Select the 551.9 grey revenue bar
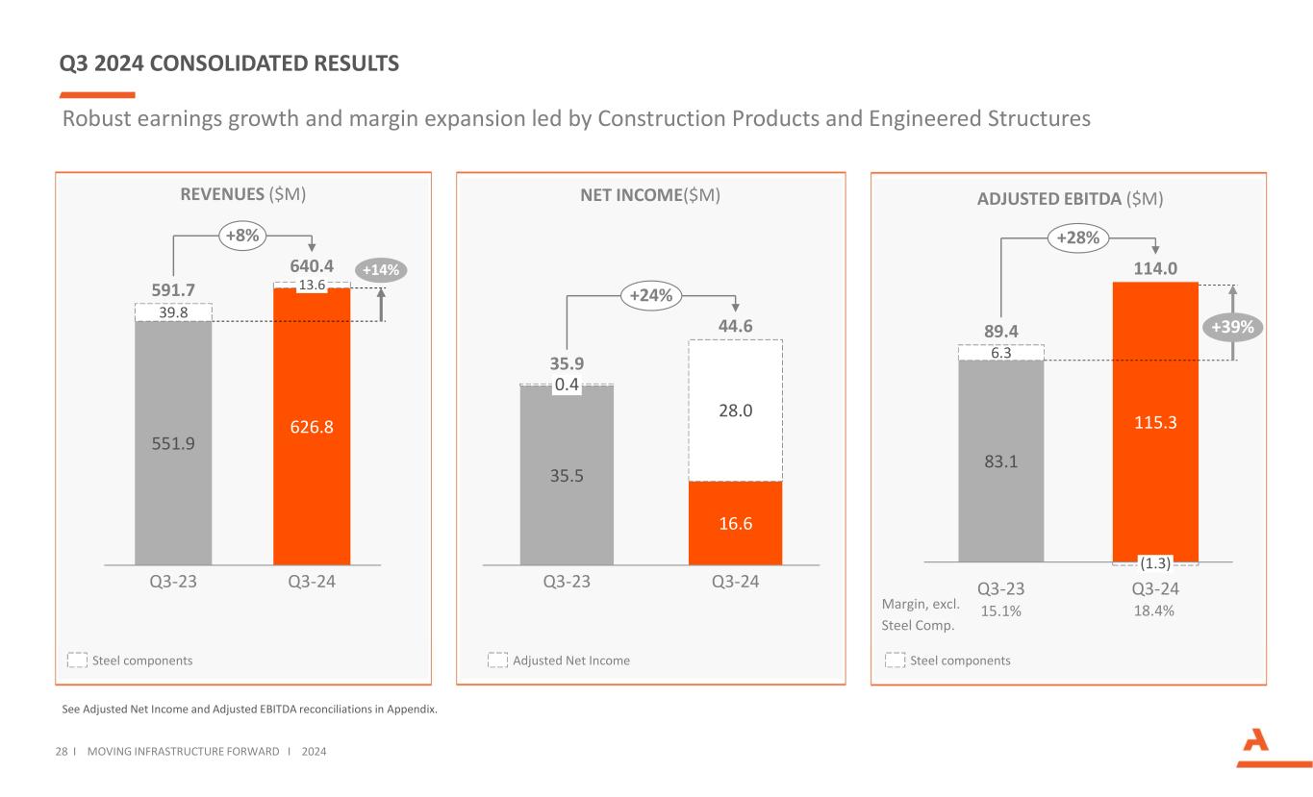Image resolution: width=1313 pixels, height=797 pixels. click(173, 442)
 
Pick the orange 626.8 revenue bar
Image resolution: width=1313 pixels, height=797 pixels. click(312, 426)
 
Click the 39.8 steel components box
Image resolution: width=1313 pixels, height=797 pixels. click(173, 312)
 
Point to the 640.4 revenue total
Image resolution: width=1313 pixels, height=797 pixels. click(312, 264)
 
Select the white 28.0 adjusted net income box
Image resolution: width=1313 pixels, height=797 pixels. click(736, 410)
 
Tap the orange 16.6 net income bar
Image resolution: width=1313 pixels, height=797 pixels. click(736, 522)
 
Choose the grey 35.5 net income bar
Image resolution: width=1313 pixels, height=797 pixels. click(567, 475)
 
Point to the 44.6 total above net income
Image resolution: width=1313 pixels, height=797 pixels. click(735, 326)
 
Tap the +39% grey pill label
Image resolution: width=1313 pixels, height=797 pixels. click(1233, 327)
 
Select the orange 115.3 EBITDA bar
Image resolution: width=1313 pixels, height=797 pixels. click(1155, 421)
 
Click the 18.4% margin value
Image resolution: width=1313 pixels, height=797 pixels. click(1154, 610)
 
